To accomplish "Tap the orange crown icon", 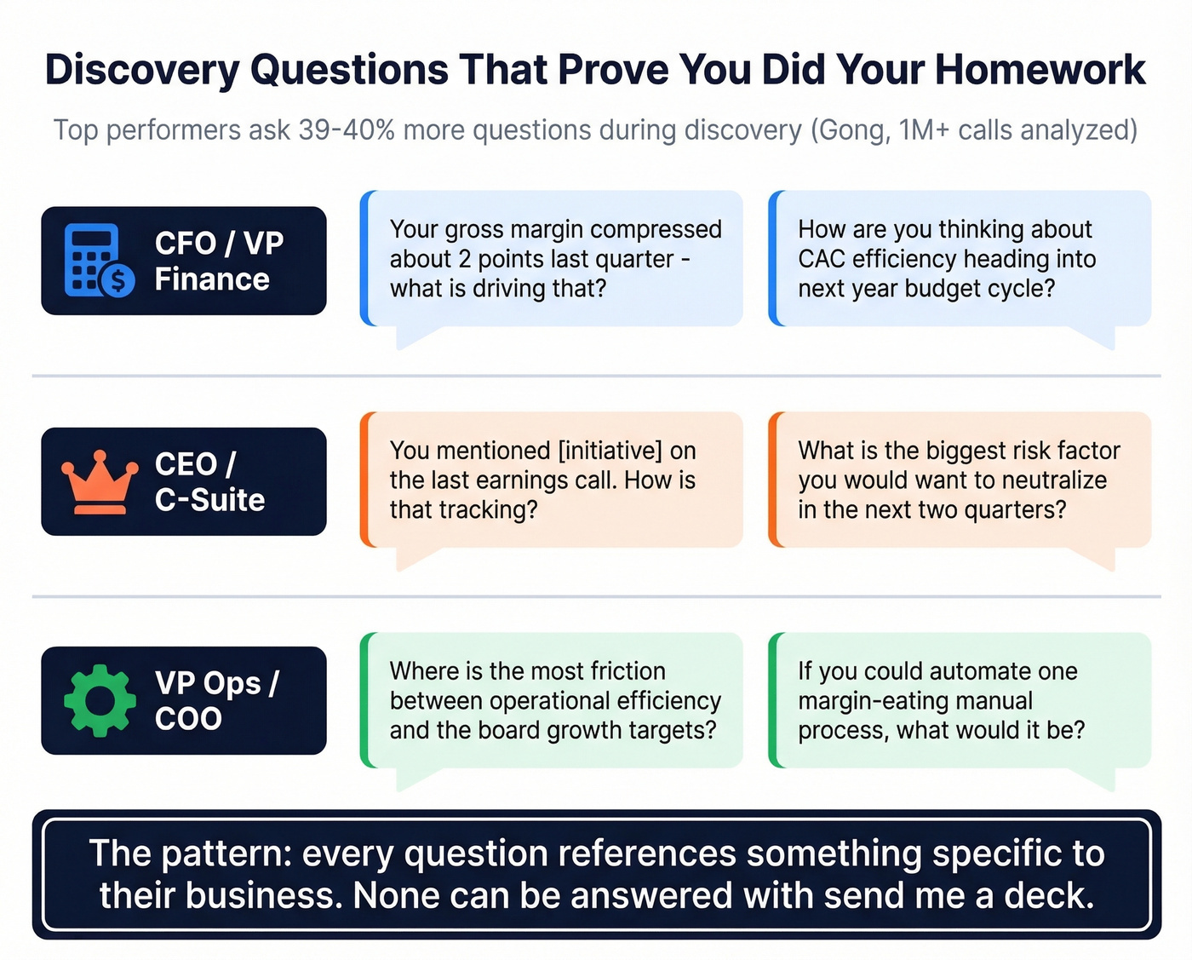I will point(100,481).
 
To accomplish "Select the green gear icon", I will point(100,700).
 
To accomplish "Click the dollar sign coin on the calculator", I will point(117,279).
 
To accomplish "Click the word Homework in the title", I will point(1040,70).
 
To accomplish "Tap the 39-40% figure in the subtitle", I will point(347,130).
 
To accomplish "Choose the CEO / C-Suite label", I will point(209,481).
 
